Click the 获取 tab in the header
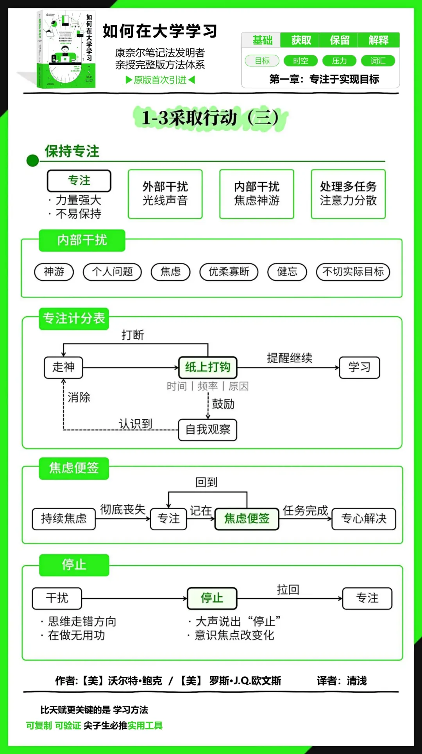(x=301, y=40)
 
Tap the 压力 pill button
(x=339, y=61)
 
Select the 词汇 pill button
(x=378, y=61)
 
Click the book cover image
(x=66, y=49)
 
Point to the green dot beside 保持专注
(x=32, y=160)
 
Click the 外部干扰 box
(x=165, y=194)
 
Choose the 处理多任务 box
(x=348, y=194)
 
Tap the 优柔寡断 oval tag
(x=229, y=272)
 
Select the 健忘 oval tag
(x=287, y=272)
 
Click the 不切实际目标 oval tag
(x=353, y=272)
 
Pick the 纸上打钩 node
(x=207, y=367)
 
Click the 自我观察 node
(x=207, y=430)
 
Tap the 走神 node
(x=63, y=367)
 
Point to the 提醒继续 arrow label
(x=290, y=358)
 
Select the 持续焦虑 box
(x=64, y=519)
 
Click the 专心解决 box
(x=364, y=519)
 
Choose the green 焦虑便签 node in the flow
(x=247, y=519)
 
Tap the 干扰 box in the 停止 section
(x=57, y=598)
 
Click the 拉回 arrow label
(x=288, y=590)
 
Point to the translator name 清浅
(x=357, y=681)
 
